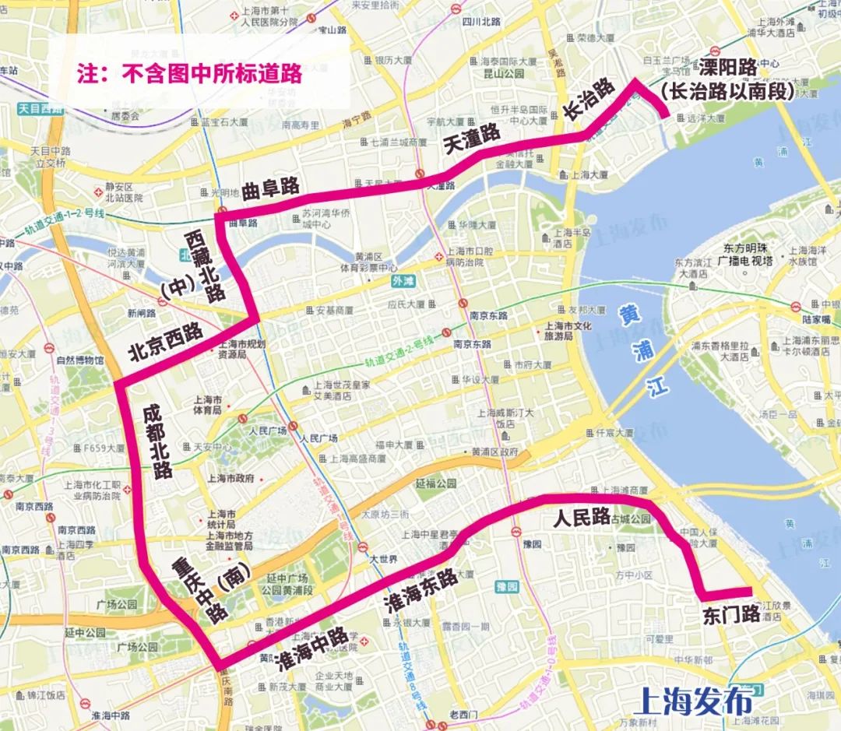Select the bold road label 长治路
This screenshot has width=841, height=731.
589,100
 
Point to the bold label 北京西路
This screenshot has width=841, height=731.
166,343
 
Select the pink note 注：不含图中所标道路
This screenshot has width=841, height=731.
189,74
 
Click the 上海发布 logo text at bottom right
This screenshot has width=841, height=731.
695,700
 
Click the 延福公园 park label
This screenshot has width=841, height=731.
435,483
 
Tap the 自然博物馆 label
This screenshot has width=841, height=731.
79,360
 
